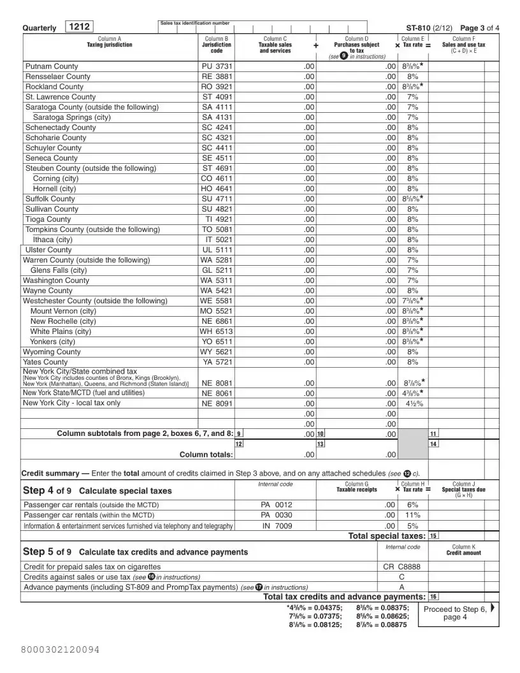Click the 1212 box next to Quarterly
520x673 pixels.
click(79, 27)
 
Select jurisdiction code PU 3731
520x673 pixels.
click(217, 66)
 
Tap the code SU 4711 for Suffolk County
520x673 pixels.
click(217, 199)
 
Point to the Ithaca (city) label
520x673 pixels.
click(53, 240)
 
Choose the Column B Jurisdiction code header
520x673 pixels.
click(217, 45)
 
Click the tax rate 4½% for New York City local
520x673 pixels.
click(412, 403)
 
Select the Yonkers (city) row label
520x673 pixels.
click(53, 342)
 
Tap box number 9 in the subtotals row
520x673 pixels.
click(239, 434)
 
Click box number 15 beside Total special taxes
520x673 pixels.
click(434, 536)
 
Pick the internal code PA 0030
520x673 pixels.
click(277, 515)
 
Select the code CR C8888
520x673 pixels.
click(402, 566)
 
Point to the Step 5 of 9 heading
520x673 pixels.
click(135, 552)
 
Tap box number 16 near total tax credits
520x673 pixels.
click(434, 597)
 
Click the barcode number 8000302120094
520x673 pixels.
click(60, 649)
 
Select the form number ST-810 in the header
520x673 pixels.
click(423, 28)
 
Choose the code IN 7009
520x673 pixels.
click(277, 526)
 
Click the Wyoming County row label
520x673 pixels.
click(52, 352)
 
